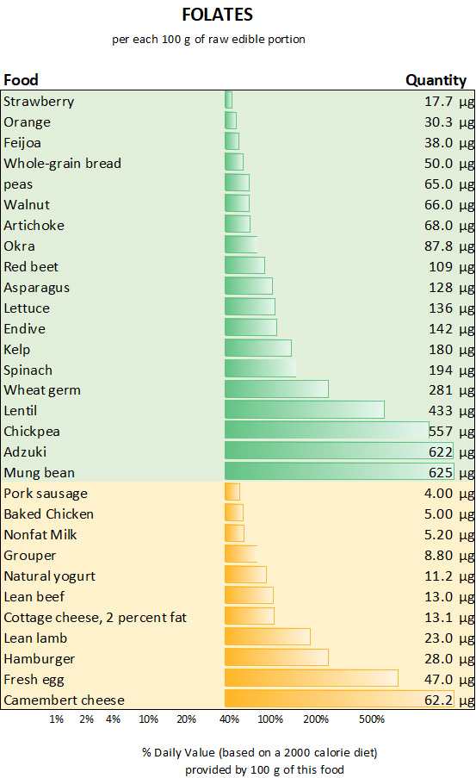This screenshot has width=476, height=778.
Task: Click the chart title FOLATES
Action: pyautogui.click(x=218, y=15)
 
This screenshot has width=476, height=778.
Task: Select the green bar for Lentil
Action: pyautogui.click(x=304, y=410)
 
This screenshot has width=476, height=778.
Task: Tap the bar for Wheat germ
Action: pyautogui.click(x=276, y=389)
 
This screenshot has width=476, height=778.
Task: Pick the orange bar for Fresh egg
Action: pyautogui.click(x=311, y=679)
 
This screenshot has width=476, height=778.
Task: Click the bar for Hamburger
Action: pyautogui.click(x=276, y=658)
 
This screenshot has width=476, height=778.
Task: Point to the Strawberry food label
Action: pyautogui.click(x=39, y=102)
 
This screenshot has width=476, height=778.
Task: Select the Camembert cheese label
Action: pyautogui.click(x=64, y=700)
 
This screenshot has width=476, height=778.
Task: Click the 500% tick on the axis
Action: pyautogui.click(x=371, y=719)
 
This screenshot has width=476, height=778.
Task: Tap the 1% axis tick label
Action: pyautogui.click(x=57, y=719)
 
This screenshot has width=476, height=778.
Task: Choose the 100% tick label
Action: pyautogui.click(x=270, y=719)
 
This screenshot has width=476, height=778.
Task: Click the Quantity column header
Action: pyautogui.click(x=436, y=80)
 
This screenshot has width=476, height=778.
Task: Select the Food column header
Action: pyautogui.click(x=22, y=80)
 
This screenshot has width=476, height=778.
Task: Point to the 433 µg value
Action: pyautogui.click(x=451, y=411)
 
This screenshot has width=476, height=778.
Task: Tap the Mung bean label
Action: pyautogui.click(x=40, y=472)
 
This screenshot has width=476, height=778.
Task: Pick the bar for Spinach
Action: pyautogui.click(x=260, y=369)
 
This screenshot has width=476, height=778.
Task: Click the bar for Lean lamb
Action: pyautogui.click(x=267, y=638)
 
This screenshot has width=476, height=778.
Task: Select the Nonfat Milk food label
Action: pyautogui.click(x=40, y=534)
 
